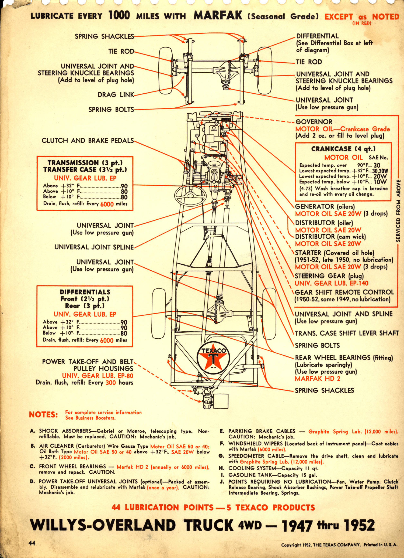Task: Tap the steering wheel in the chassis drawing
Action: tap(190, 194)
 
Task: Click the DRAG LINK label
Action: tap(116, 95)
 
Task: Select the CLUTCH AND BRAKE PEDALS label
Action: tap(88, 141)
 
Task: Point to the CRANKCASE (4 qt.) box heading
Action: tap(343, 149)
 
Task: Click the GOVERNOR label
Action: tap(314, 122)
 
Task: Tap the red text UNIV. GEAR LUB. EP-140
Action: tap(331, 283)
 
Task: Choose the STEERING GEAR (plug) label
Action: tap(329, 276)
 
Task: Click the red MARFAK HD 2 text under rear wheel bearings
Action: tap(317, 379)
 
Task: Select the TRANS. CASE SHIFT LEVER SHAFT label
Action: tap(347, 333)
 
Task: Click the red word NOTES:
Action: tap(43, 415)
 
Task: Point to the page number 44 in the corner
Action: tap(32, 543)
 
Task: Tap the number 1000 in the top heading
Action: tap(119, 15)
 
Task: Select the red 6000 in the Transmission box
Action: tap(107, 204)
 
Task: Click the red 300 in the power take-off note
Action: tap(111, 383)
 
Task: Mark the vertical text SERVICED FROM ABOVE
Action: tap(398, 211)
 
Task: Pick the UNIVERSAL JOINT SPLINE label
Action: tap(94, 247)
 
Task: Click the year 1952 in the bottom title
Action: tap(359, 526)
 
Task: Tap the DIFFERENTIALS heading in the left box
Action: tap(85, 292)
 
